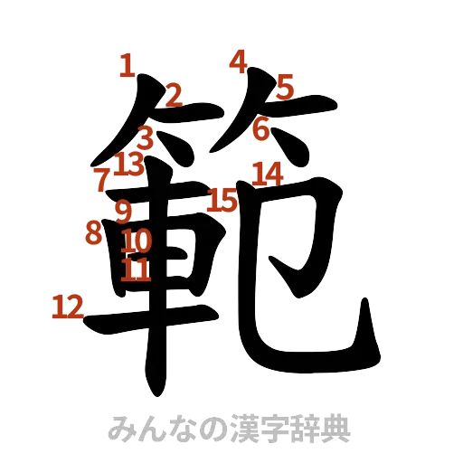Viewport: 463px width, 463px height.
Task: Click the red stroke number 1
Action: pos(128,65)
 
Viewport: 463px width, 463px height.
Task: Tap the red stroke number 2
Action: pos(173,92)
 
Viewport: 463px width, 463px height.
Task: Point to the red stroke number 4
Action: pos(238,61)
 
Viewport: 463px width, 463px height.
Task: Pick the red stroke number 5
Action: pos(285,87)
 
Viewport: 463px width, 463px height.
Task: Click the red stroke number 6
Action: pos(261,129)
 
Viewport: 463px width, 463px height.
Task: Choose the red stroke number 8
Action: pos(92,232)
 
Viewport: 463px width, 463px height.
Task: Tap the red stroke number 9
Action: pos(123,211)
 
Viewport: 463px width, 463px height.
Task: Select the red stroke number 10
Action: pos(136,241)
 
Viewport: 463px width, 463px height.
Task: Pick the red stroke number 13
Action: pos(129,165)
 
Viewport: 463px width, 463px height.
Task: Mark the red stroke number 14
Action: pos(267,171)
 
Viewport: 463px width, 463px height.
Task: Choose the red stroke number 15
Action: pos(222,198)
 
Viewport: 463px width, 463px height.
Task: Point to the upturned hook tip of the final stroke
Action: pos(368,305)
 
